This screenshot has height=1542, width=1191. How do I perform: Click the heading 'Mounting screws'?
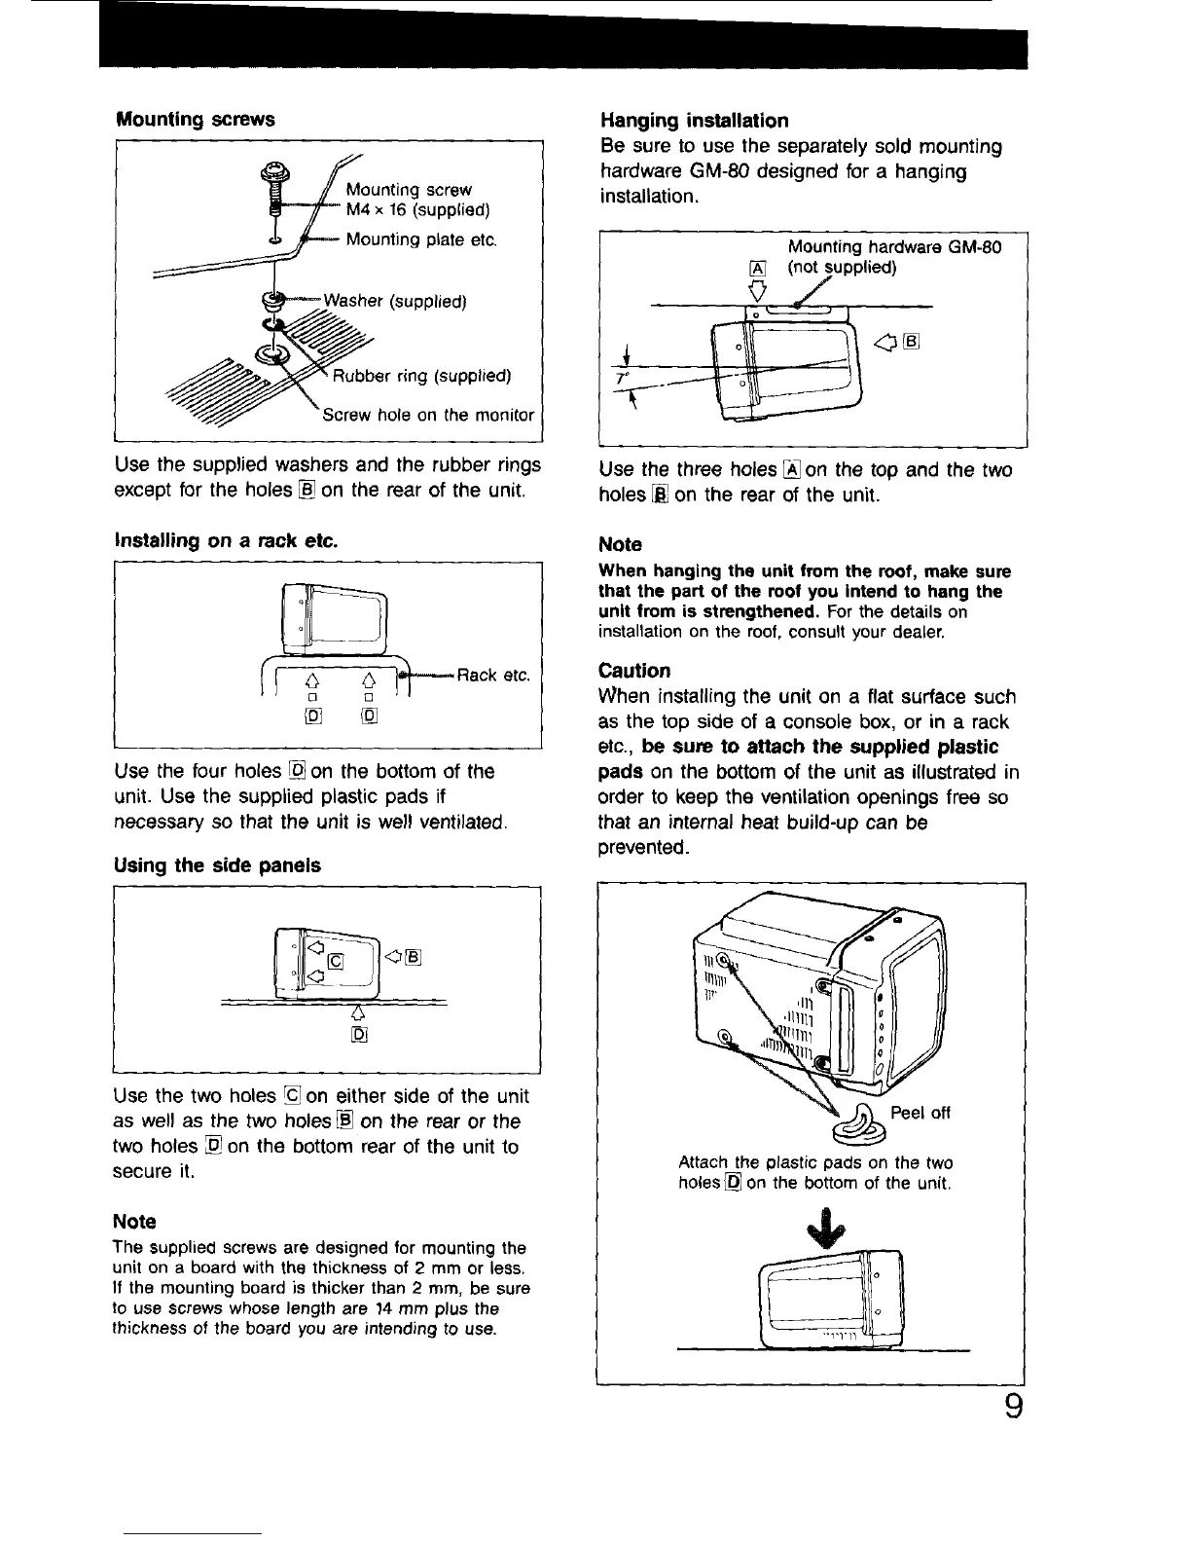click(x=195, y=120)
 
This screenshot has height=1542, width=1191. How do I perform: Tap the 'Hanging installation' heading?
click(x=694, y=121)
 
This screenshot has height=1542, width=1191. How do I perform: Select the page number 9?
click(x=1013, y=1409)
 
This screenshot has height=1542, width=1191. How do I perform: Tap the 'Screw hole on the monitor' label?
click(x=428, y=415)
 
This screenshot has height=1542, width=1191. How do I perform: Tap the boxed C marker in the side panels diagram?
click(x=336, y=963)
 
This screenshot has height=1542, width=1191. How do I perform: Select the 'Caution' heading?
click(x=634, y=671)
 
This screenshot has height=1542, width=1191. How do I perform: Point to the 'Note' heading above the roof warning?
click(x=620, y=544)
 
